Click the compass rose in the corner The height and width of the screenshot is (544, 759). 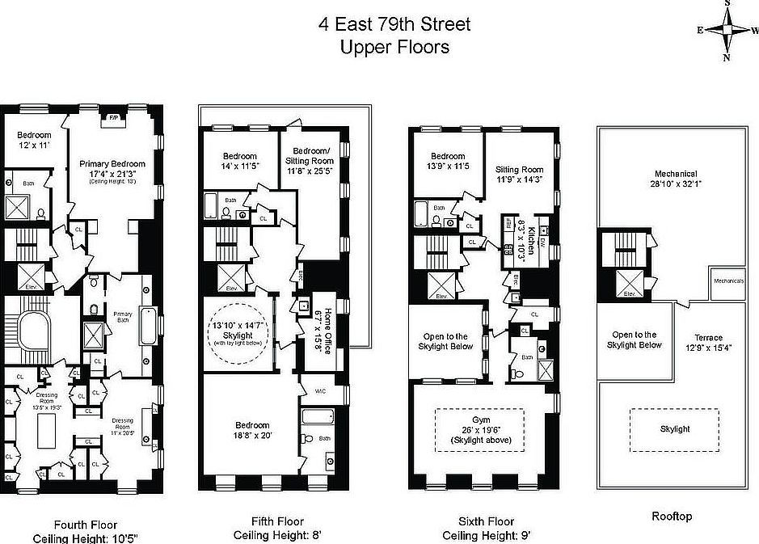click(x=727, y=30)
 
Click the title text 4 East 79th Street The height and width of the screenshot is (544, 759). click(x=394, y=24)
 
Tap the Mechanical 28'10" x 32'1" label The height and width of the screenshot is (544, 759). click(x=677, y=179)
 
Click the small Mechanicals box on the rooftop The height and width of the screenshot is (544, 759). click(x=734, y=281)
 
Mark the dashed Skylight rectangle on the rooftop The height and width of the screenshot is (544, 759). click(x=675, y=429)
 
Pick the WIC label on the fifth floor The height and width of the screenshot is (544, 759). click(x=320, y=391)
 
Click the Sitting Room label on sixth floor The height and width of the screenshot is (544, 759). click(x=519, y=175)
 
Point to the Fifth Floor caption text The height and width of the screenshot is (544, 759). click(x=268, y=521)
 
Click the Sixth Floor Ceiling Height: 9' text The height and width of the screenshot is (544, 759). click(x=486, y=535)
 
